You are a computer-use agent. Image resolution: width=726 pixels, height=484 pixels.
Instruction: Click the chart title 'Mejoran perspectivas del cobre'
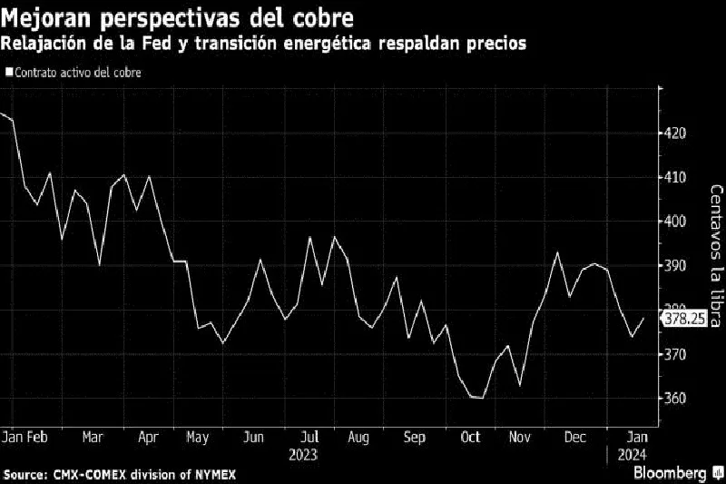click(178, 18)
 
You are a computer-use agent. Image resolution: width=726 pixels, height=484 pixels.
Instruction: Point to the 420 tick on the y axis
click(675, 133)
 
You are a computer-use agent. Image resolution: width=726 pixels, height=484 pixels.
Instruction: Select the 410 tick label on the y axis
click(675, 177)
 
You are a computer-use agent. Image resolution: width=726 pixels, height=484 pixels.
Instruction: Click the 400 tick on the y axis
click(675, 222)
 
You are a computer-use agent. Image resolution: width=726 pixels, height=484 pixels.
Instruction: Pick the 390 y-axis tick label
click(675, 266)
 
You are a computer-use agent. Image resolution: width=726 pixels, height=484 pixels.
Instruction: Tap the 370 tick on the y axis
click(675, 354)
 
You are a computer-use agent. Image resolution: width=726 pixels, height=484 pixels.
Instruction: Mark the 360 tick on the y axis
click(675, 399)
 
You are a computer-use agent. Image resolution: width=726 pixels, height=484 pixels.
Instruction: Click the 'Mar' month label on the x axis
click(93, 437)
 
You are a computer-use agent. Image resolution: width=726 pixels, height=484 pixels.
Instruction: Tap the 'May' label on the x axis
click(198, 437)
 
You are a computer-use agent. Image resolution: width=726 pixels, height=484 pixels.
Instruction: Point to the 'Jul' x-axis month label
click(310, 437)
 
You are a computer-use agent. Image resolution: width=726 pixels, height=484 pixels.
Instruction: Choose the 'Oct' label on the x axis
click(471, 437)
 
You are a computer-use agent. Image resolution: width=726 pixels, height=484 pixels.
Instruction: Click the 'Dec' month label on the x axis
click(574, 437)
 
